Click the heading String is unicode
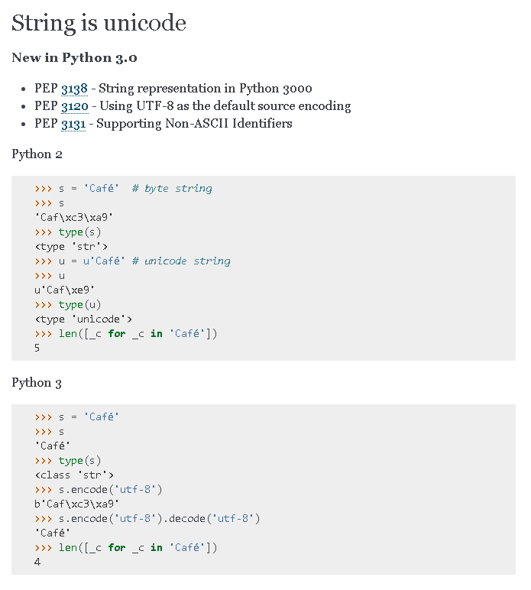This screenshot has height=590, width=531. pyautogui.click(x=99, y=23)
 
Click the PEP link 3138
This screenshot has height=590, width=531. pyautogui.click(x=74, y=89)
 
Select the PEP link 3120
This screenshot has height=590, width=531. pyautogui.click(x=74, y=106)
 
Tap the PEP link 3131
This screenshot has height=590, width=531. pyautogui.click(x=73, y=124)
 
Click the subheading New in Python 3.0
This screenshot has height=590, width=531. pyautogui.click(x=74, y=58)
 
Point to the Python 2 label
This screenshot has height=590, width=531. pyautogui.click(x=37, y=154)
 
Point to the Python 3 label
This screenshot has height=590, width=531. pyautogui.click(x=37, y=383)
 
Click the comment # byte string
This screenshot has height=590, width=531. pyautogui.click(x=172, y=189)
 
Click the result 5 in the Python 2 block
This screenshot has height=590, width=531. pyautogui.click(x=37, y=348)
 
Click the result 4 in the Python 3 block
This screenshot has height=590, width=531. pyautogui.click(x=37, y=562)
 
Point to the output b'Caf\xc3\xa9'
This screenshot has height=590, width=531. pyautogui.click(x=77, y=504)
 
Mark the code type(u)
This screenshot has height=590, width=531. pyautogui.click(x=80, y=305)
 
